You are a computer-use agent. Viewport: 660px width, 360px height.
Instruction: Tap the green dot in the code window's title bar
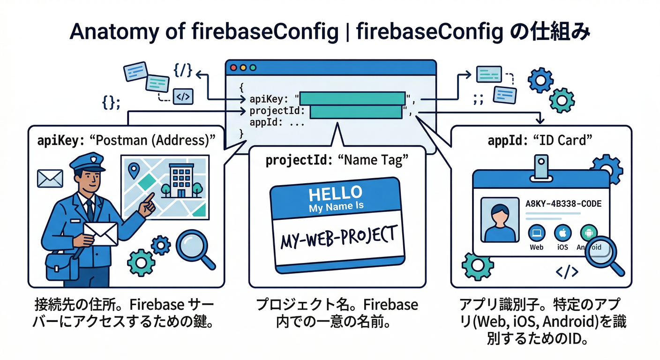253,67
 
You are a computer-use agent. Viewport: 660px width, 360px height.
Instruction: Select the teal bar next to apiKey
352,98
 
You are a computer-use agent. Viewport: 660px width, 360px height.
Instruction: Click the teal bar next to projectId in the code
356,112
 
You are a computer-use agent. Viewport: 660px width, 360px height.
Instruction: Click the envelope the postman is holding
100,233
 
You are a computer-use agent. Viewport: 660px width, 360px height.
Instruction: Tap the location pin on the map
135,171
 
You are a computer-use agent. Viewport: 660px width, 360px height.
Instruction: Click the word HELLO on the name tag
335,193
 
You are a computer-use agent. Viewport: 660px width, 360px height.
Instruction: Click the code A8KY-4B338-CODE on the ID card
564,204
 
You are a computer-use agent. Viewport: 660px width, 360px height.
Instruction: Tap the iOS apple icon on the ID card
562,232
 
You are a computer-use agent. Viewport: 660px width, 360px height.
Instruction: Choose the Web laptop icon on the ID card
536,232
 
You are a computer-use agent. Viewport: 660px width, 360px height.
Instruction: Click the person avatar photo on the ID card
498,219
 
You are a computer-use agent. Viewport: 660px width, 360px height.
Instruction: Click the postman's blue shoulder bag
61,265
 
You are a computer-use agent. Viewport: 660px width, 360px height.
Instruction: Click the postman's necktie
89,210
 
